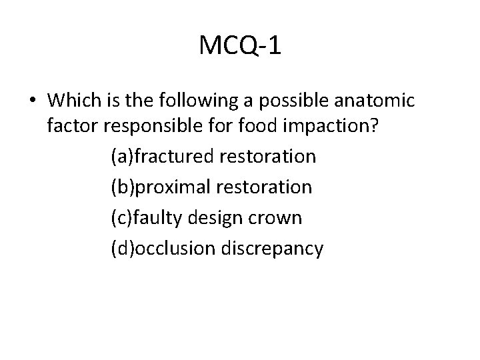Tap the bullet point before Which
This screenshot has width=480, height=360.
[33, 101]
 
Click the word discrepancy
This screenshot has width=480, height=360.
[276, 249]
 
